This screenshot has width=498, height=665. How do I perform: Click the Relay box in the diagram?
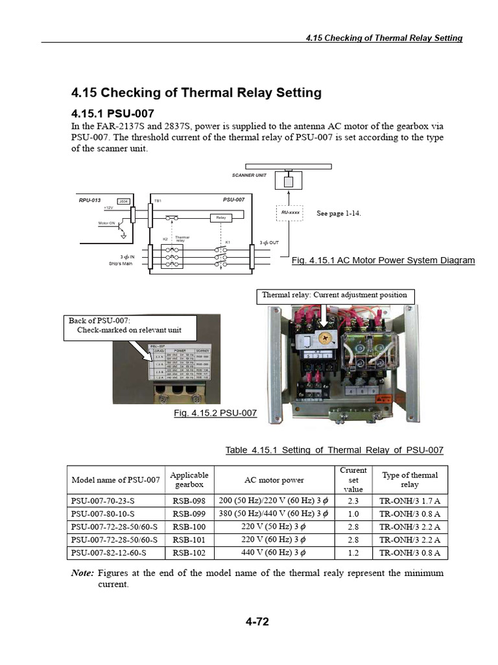[220, 218]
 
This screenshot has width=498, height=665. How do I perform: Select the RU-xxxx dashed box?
[289, 212]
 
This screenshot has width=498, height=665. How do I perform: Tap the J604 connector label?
[123, 201]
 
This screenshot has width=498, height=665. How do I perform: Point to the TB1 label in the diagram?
[158, 201]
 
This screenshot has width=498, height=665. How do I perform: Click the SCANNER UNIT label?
[249, 175]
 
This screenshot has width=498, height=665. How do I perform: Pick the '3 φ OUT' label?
[269, 242]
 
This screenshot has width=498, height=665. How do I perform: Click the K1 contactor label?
[228, 242]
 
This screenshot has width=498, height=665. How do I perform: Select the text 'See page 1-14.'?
[338, 214]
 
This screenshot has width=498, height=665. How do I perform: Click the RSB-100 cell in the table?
[189, 527]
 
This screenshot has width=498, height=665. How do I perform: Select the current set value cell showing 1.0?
[353, 514]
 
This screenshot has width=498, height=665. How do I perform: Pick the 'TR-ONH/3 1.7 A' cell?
[410, 501]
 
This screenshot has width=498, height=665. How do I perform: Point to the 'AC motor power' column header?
[274, 480]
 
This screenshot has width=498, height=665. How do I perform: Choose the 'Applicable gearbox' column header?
[189, 480]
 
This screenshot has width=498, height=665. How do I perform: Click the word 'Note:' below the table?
[82, 573]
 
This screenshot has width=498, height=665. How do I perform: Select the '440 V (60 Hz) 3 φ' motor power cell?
[274, 553]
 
